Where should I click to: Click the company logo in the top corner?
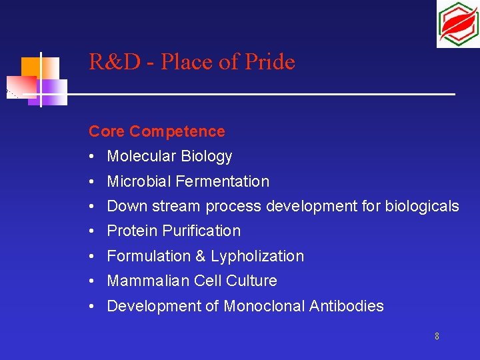pos(457,24)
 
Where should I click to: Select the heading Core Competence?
pos(157,131)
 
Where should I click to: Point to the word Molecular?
pos(138,157)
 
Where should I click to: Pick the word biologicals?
pos(422,206)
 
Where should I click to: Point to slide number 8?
pos(437,336)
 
